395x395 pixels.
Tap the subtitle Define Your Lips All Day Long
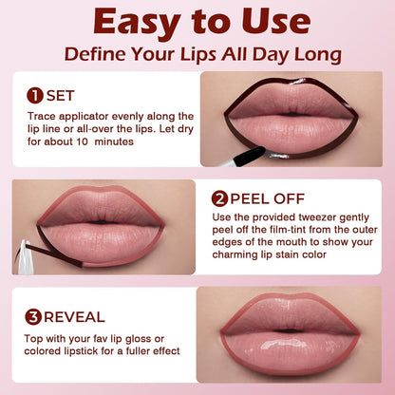tap(197, 54)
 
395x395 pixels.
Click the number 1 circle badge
tap(34, 95)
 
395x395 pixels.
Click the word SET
tap(60, 95)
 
